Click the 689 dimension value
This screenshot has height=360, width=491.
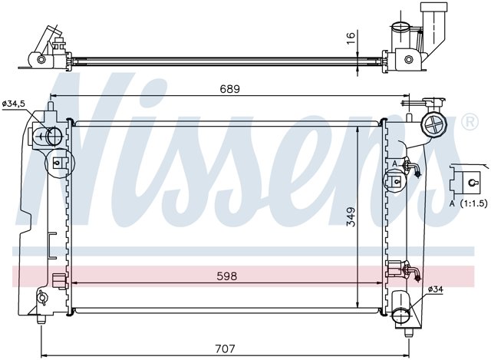point(229,89)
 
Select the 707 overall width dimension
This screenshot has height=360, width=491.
point(225,348)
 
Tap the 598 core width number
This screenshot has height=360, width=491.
point(227,276)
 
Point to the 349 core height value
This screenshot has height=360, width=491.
point(351,216)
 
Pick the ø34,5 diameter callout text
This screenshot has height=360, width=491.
point(14,104)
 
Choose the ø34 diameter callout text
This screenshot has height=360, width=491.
point(436,290)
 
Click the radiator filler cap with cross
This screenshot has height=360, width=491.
point(434,125)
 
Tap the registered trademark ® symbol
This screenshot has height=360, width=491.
point(470,122)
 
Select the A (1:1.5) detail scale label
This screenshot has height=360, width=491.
point(469,203)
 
